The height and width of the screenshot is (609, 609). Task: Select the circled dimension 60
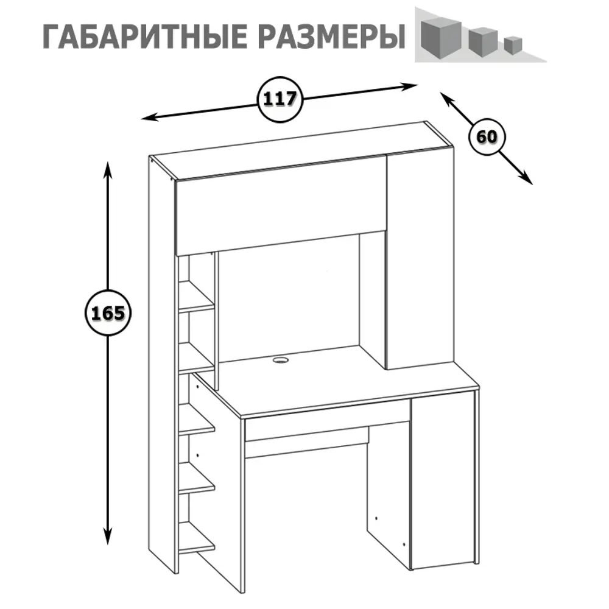pos(487,137)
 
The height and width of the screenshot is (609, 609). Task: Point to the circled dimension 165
pos(108,314)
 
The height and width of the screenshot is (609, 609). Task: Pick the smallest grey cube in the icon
pos(513,45)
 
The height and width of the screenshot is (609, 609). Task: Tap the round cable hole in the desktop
pos(280,361)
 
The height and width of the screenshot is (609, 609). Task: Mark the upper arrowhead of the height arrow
pos(108,167)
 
